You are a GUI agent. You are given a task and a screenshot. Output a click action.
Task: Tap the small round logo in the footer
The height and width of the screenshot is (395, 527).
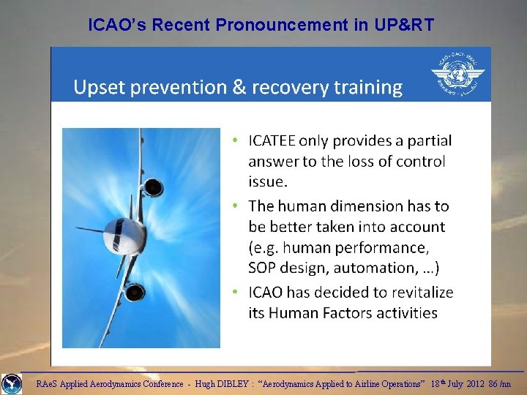point(11,384)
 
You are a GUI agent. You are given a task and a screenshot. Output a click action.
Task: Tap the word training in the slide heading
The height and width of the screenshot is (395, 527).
point(367,88)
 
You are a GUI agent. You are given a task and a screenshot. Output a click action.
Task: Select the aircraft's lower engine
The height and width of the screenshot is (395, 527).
point(134,293)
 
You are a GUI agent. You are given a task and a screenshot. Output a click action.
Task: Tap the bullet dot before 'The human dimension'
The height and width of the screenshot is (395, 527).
point(235,206)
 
